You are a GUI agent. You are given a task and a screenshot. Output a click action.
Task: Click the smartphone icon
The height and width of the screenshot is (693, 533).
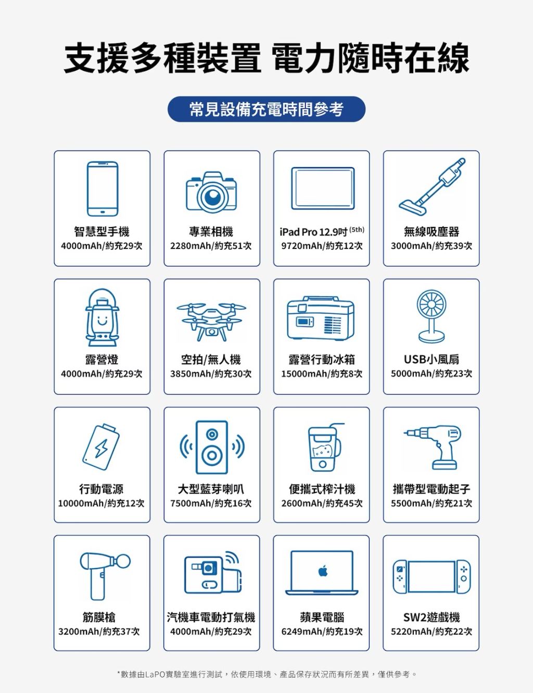[x=103, y=189]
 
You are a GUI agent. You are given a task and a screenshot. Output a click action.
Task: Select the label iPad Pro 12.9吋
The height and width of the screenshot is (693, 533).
[x=313, y=232]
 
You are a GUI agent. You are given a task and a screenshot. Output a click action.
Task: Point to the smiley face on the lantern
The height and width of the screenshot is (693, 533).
[x=102, y=320]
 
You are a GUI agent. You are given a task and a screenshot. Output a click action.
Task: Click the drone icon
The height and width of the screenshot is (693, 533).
[x=211, y=321]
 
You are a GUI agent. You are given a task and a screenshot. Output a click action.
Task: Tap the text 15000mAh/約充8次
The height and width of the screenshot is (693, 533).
[x=322, y=373]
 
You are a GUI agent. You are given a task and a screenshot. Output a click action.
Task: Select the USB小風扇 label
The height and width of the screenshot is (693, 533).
[x=432, y=359]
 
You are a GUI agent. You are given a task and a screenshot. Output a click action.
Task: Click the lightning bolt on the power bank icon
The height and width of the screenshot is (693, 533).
[x=101, y=448]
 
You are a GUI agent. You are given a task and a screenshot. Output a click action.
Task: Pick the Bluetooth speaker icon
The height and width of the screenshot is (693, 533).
[x=212, y=447]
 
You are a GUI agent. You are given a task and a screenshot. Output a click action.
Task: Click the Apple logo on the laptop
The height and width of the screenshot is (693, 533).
[x=323, y=571]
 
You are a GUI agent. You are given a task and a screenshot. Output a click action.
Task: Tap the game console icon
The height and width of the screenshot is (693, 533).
[x=432, y=577]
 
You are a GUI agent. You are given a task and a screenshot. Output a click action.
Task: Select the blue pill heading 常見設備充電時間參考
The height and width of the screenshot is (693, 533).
[x=266, y=109]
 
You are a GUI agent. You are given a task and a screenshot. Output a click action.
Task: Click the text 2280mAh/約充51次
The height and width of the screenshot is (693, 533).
[x=211, y=246]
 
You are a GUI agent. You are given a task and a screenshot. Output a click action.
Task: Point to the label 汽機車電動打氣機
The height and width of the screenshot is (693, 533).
[x=211, y=618]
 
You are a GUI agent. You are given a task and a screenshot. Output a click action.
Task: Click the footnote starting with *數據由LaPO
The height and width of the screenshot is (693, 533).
[x=267, y=675]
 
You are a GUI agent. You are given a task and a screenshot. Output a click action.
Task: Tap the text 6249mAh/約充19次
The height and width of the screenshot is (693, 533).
[x=322, y=632]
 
